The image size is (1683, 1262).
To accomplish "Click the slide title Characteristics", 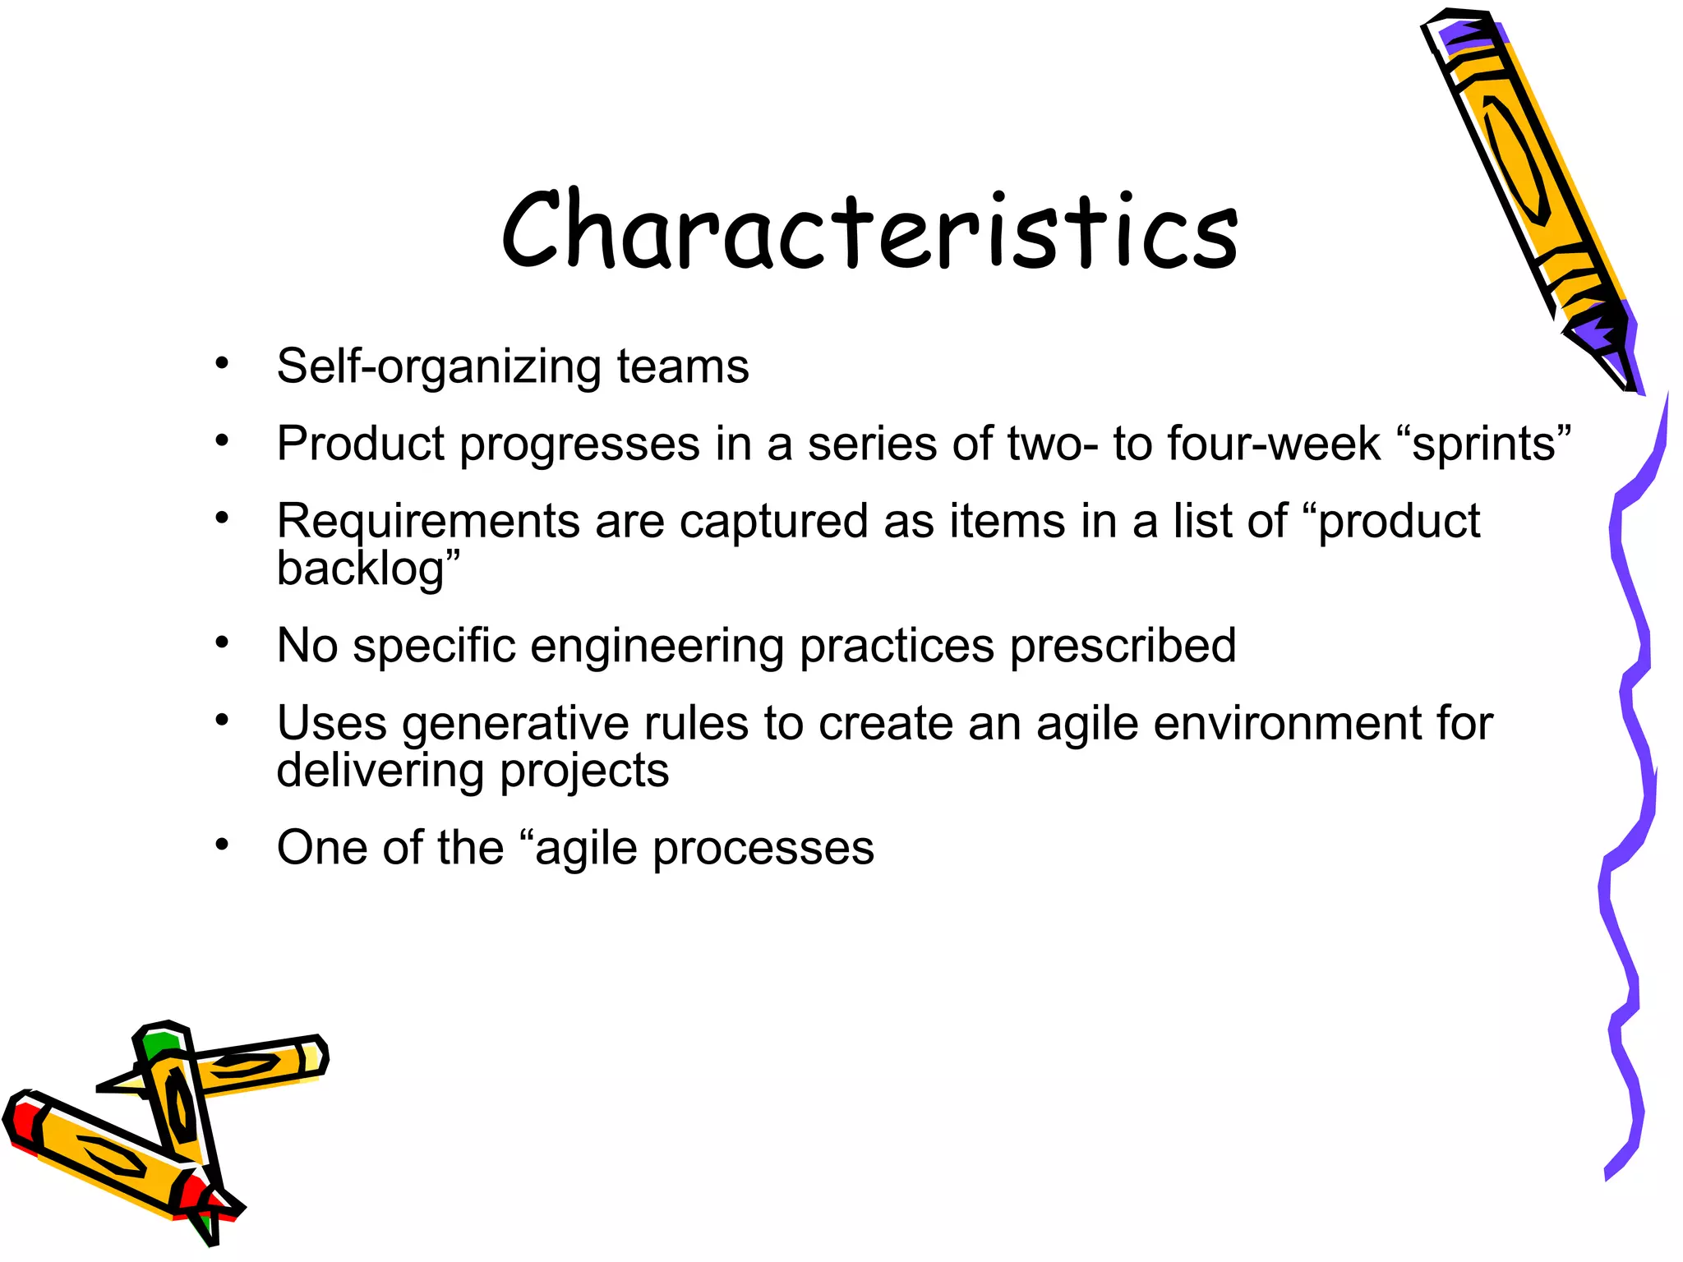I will click(x=869, y=229).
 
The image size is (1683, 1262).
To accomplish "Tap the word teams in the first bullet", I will click(x=682, y=366).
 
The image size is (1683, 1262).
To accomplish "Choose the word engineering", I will click(x=657, y=647).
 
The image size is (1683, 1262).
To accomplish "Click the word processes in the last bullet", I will click(x=763, y=849).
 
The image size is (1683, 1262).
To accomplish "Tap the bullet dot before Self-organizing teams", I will click(x=221, y=362).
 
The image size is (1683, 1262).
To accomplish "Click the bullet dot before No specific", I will click(x=221, y=643).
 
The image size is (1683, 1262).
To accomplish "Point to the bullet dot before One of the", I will click(x=221, y=845).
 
